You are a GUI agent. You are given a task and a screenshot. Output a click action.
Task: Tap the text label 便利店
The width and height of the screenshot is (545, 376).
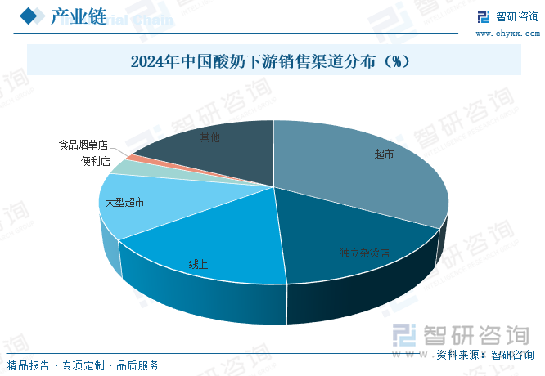(96, 161)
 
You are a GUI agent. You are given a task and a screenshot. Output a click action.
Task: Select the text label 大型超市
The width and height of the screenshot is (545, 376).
(124, 201)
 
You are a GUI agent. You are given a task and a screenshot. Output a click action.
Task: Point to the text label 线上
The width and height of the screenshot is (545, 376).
(198, 264)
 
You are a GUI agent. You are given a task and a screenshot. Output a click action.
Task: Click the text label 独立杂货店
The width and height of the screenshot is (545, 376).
(364, 253)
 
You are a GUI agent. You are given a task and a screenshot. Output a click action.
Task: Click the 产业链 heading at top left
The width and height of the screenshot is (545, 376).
(79, 17)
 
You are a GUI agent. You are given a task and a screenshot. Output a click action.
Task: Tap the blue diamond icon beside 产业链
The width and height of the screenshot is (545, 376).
(30, 17)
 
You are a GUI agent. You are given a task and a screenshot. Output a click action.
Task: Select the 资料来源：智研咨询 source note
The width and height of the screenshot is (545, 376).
(484, 355)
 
